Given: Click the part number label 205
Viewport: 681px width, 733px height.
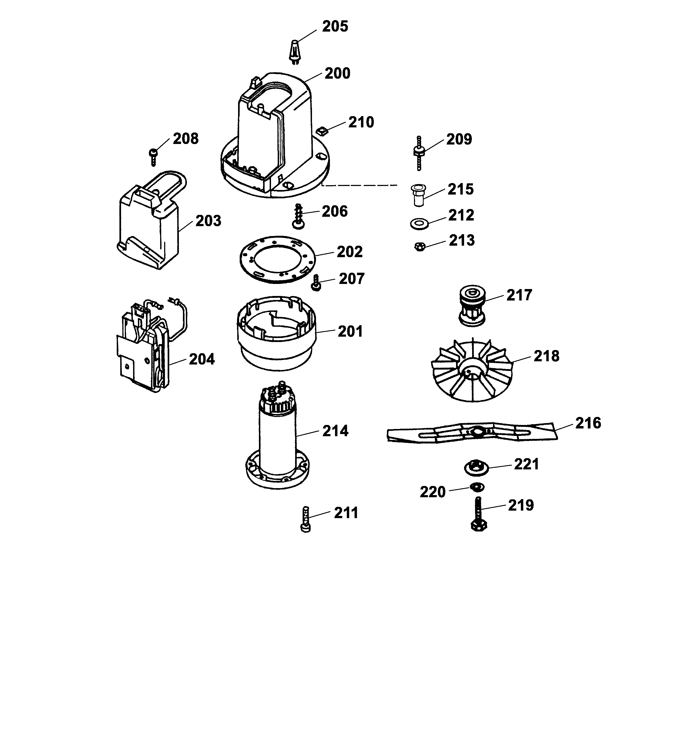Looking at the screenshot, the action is point(335,26).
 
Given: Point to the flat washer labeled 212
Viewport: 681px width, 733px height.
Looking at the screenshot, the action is point(419,223).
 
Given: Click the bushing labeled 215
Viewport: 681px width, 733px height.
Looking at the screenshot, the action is point(418,195).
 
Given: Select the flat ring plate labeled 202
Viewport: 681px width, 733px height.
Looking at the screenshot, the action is point(277,259).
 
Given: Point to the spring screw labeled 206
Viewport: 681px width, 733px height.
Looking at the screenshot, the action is point(299,216).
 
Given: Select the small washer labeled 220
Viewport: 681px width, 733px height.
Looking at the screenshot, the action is point(477,487).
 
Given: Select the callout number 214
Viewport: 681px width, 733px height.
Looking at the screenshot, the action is point(335,431).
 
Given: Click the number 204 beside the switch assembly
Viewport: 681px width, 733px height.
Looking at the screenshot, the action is point(202,359).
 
